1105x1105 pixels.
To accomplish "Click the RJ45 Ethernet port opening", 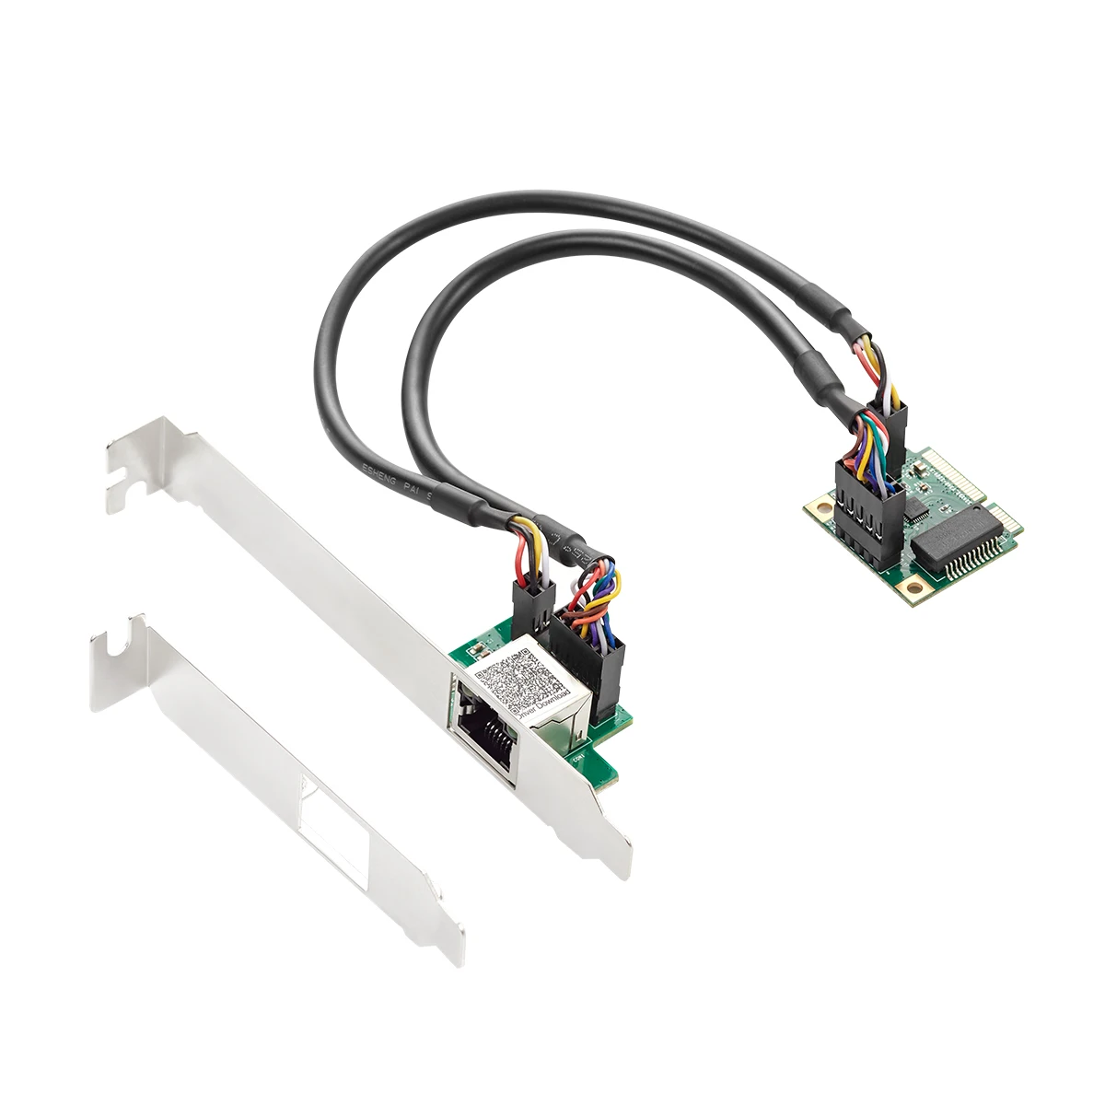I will (484, 728).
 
